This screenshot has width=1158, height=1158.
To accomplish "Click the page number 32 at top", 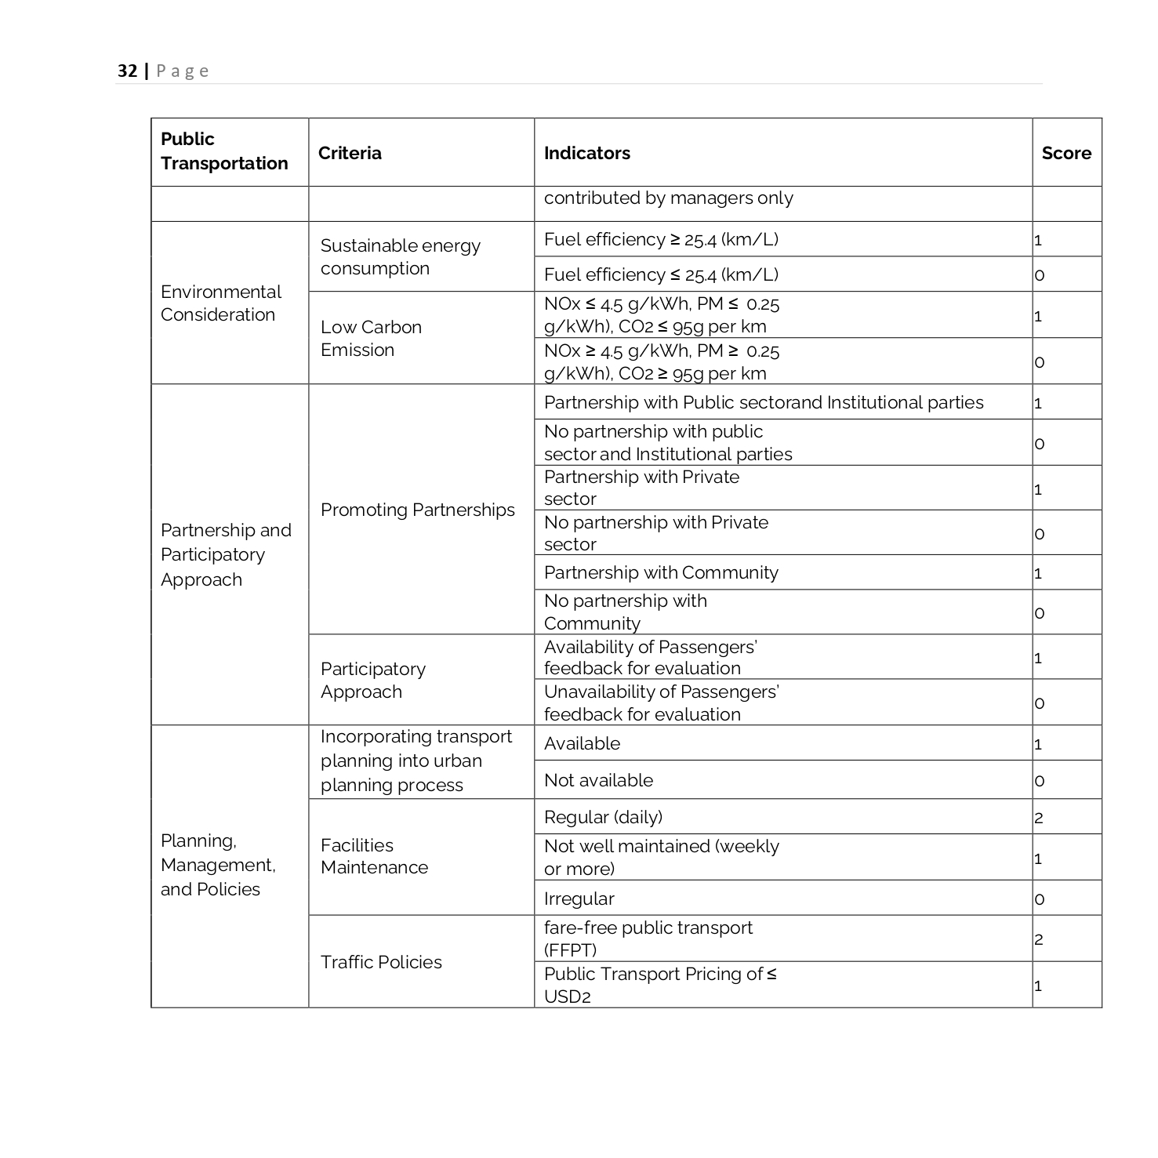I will [127, 71].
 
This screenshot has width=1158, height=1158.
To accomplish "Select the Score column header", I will [1065, 153].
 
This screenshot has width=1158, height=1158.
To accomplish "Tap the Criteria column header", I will [350, 153].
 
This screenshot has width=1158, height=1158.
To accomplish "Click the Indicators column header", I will [586, 153].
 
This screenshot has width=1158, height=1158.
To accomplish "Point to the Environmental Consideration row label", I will [220, 303].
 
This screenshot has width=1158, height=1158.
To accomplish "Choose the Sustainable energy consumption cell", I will [400, 256].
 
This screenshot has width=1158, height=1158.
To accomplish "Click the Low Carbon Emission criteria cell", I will [371, 338].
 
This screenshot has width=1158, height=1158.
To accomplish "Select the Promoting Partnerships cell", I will [417, 510].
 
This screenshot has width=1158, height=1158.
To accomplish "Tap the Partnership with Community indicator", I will [661, 572].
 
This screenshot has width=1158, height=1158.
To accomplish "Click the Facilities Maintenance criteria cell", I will [374, 856].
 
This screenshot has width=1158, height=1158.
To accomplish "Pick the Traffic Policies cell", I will [381, 962].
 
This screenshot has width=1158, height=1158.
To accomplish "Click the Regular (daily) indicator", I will [603, 817].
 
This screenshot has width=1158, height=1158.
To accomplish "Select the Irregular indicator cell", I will [579, 898].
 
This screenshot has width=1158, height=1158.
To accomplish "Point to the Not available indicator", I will [598, 780].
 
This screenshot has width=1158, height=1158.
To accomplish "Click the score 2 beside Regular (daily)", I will [1039, 818].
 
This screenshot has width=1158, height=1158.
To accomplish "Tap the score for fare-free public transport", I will [1039, 939].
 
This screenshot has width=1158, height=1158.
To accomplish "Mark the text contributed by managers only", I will [668, 198].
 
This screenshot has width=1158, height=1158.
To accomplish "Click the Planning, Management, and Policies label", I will [218, 865].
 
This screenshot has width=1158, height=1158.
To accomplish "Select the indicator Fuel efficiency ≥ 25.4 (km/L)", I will [661, 239].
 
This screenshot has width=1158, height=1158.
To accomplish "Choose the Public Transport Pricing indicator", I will [659, 985].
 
